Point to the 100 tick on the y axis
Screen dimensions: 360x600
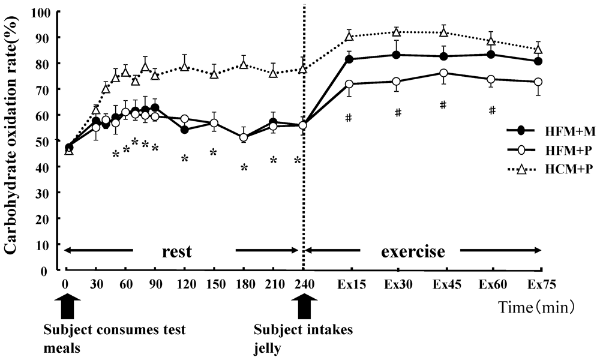pyautogui.click(x=44, y=12)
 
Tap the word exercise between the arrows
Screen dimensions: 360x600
pyautogui.click(x=413, y=251)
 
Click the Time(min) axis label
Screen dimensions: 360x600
pyautogui.click(x=537, y=307)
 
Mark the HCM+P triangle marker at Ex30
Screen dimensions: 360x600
pyautogui.click(x=397, y=32)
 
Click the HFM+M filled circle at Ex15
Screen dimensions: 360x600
pyautogui.click(x=349, y=59)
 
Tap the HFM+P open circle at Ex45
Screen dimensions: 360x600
pyautogui.click(x=443, y=73)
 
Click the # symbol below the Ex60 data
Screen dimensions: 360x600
pyautogui.click(x=492, y=110)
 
